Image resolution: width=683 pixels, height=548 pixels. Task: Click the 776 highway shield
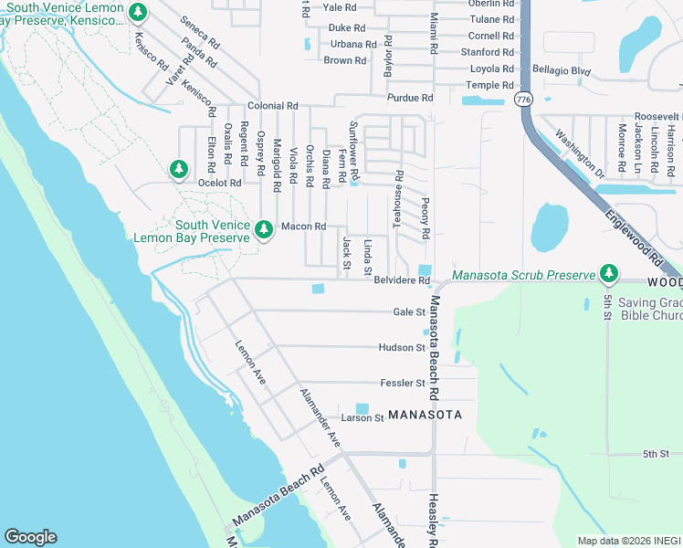coord(523,99)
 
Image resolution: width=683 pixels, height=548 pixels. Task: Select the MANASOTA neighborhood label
coord(425,415)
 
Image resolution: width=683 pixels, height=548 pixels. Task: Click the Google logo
coord(30,537)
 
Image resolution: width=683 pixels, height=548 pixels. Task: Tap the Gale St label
coord(409,311)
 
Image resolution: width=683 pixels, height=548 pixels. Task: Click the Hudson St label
coord(402,347)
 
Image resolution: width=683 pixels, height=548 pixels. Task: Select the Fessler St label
coord(402,383)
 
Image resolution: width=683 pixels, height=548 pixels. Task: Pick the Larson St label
coord(362,418)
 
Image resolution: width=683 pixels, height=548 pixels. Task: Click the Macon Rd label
coord(303,227)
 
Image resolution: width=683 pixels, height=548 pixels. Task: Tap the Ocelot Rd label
coord(220,183)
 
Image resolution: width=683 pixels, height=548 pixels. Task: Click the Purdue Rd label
coord(409,98)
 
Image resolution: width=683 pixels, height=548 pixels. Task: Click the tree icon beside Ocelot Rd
coord(179,169)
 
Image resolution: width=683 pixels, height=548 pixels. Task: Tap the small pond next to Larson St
coord(363,408)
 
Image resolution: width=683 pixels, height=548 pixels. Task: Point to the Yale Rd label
coord(339,7)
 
